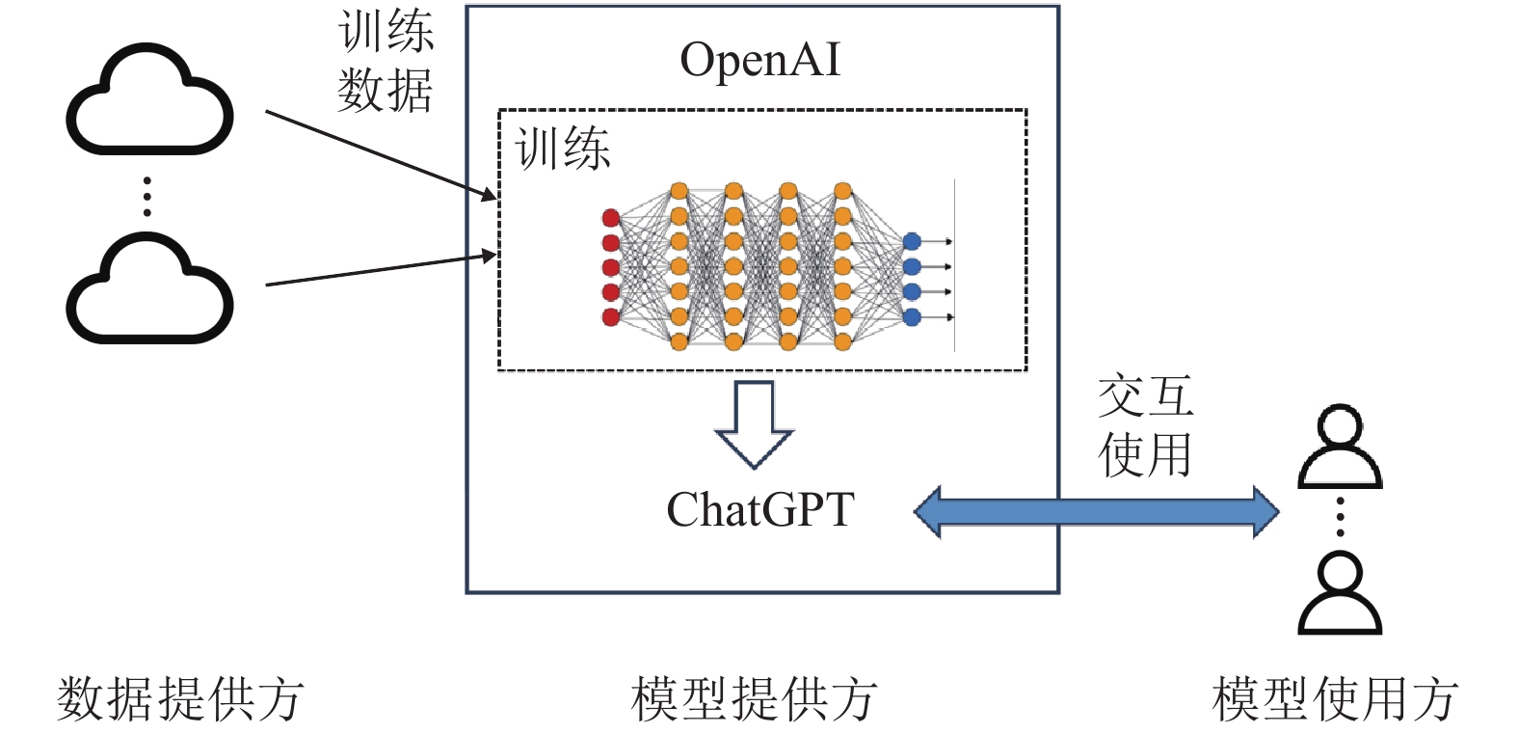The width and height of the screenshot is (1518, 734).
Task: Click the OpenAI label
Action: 759,60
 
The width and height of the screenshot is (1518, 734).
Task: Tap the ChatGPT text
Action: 759,509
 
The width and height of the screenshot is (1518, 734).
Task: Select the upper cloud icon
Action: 149,101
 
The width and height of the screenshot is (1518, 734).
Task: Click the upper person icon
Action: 1340,448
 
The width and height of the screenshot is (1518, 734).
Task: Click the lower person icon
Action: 1340,592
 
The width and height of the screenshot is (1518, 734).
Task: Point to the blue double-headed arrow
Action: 1096,511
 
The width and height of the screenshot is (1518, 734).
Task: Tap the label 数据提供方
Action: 180,699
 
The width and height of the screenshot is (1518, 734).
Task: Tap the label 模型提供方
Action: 754,699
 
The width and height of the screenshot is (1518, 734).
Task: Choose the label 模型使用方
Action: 1335,699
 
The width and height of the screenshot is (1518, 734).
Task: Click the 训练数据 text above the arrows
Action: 386,62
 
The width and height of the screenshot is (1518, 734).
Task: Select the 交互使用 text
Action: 1145,425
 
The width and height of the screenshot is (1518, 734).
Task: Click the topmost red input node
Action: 610,217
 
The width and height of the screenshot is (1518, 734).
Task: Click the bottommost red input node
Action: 610,317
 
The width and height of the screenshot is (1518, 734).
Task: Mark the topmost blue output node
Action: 912,241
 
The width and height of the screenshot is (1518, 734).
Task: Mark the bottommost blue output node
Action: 912,316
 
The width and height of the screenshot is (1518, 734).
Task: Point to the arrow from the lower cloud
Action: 381,270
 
